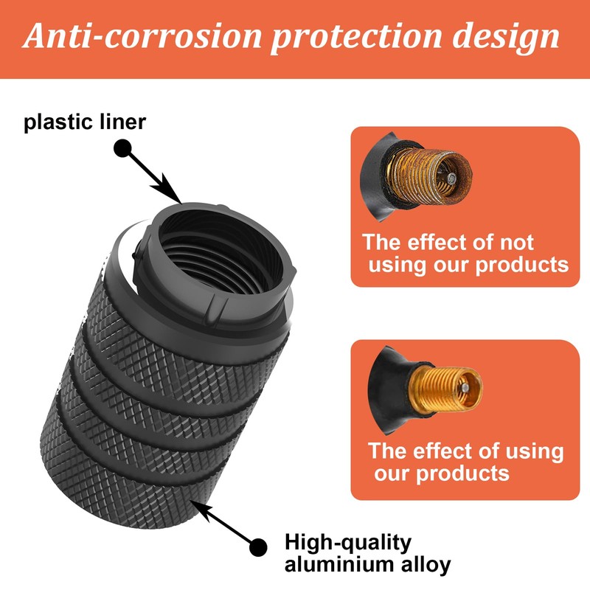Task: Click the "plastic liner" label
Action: (86, 121)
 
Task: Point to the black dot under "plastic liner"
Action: (122, 148)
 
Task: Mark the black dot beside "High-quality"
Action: (257, 546)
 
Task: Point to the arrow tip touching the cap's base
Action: (193, 502)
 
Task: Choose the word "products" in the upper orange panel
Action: (522, 264)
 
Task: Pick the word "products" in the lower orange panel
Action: (462, 472)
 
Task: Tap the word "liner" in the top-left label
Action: (117, 121)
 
